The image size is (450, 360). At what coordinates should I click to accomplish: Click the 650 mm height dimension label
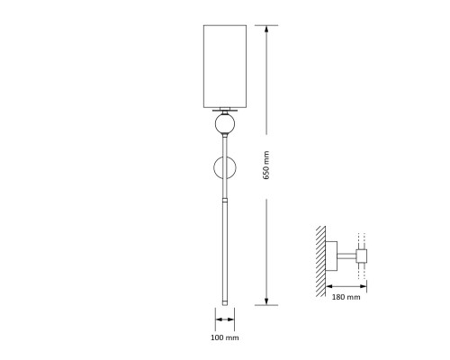click(266, 166)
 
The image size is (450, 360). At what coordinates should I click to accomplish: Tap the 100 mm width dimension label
click(225, 337)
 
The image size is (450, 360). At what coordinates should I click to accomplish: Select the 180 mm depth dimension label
click(346, 297)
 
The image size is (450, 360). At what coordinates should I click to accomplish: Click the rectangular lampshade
click(225, 67)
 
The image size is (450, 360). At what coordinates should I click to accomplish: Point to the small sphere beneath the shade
click(225, 123)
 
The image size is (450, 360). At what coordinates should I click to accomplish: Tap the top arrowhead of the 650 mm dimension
click(266, 29)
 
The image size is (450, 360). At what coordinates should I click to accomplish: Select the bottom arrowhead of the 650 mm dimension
click(266, 301)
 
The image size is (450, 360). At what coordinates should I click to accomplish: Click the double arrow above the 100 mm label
click(225, 319)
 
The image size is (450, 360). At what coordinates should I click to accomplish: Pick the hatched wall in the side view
click(320, 261)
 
